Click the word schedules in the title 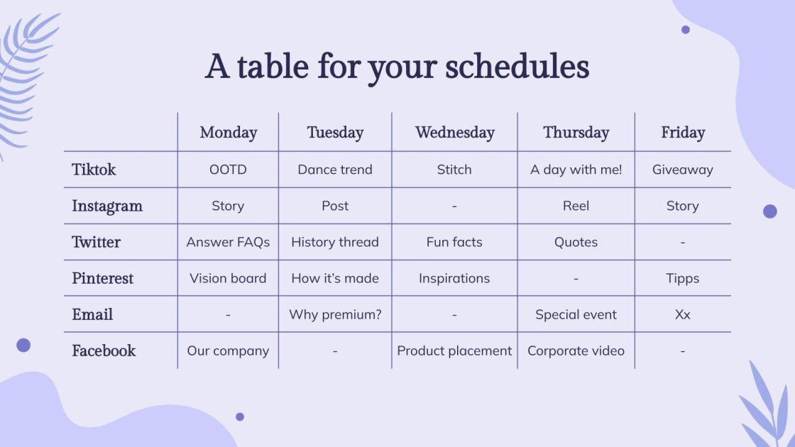pyautogui.click(x=517, y=67)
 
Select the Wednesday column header pyautogui.click(x=455, y=132)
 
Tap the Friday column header pyautogui.click(x=683, y=132)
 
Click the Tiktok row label pyautogui.click(x=94, y=170)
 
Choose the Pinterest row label pyautogui.click(x=102, y=278)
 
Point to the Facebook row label pyautogui.click(x=104, y=351)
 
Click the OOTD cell pyautogui.click(x=228, y=170)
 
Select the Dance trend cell pyautogui.click(x=335, y=170)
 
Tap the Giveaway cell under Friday pyautogui.click(x=682, y=170)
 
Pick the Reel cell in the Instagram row pyautogui.click(x=576, y=206)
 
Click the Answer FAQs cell pyautogui.click(x=228, y=242)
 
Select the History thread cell pyautogui.click(x=335, y=242)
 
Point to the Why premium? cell pyautogui.click(x=335, y=315)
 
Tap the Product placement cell pyautogui.click(x=454, y=351)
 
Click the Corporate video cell pyautogui.click(x=576, y=351)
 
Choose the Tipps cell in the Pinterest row pyautogui.click(x=682, y=278)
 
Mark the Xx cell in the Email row pyautogui.click(x=682, y=315)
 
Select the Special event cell pyautogui.click(x=576, y=315)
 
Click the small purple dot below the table pyautogui.click(x=240, y=416)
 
